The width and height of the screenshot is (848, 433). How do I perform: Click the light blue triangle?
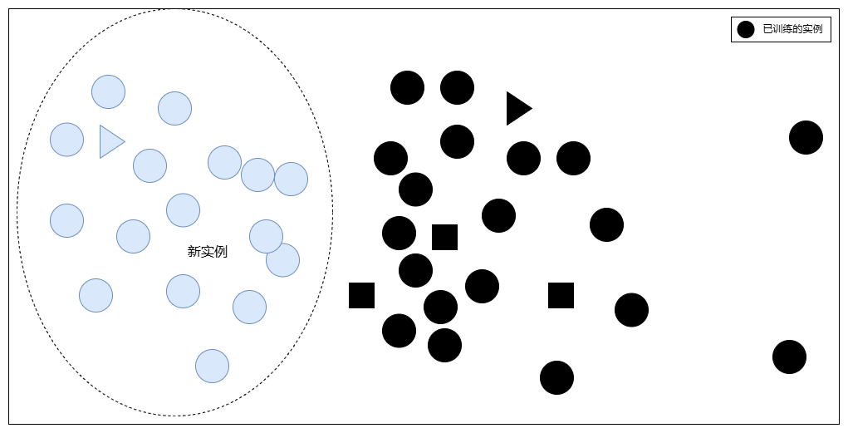point(110,141)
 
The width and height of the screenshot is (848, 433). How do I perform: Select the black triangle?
point(517,108)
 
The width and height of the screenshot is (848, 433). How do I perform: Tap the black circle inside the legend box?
point(746,29)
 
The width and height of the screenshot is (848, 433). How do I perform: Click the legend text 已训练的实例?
point(792,29)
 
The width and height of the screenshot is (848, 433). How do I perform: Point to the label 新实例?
point(208,252)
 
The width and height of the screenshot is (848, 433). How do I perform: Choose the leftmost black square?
point(361,295)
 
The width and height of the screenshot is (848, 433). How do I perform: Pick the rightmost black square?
point(561,295)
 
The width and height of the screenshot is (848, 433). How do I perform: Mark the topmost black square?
point(444,237)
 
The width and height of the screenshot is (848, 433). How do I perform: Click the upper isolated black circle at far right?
point(806,137)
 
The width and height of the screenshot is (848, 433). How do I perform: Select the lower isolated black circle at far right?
point(789,357)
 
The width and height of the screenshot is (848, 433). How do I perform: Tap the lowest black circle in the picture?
point(556,377)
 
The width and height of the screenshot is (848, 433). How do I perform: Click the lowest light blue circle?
point(212,366)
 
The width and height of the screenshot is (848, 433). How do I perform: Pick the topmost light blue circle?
point(108,91)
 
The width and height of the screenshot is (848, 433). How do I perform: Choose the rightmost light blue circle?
point(291,179)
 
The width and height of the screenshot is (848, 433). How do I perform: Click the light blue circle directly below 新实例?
point(183,291)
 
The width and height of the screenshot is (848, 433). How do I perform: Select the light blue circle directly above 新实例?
point(183,210)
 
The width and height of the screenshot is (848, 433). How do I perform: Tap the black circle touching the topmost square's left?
point(399,233)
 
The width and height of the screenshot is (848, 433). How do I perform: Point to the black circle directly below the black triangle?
point(523,158)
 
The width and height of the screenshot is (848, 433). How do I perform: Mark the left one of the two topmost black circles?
point(407,87)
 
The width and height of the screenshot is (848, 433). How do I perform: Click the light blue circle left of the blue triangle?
point(66,140)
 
